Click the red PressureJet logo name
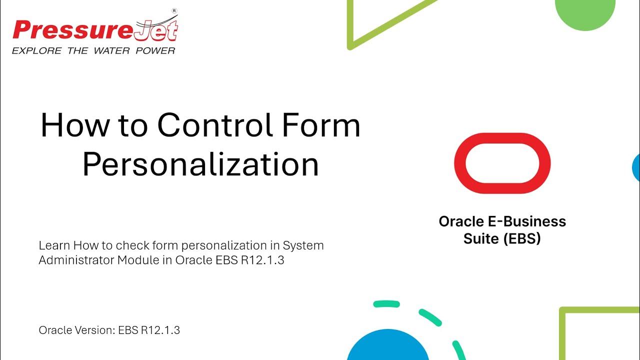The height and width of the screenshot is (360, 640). [x=95, y=31]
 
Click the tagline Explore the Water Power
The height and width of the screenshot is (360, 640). [x=93, y=50]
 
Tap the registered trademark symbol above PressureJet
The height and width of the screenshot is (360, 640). [x=174, y=10]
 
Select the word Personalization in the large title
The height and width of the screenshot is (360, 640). [x=200, y=163]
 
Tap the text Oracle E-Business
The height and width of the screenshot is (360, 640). [x=502, y=221]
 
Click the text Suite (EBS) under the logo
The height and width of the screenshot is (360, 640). [x=502, y=238]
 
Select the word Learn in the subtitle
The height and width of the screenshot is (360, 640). [x=54, y=245]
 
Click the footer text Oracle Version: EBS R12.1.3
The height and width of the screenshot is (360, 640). [x=109, y=330]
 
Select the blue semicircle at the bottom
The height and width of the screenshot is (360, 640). [x=387, y=347]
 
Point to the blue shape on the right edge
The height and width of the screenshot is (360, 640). [x=636, y=167]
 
